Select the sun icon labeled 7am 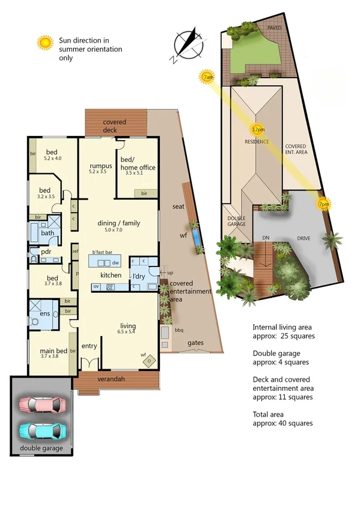point(208,77)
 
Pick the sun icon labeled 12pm point(257,129)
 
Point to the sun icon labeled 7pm point(325,204)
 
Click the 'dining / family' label point(119,223)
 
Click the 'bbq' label point(178,330)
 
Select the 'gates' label point(195,343)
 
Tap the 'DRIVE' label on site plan point(304,239)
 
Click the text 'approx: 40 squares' point(282,423)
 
